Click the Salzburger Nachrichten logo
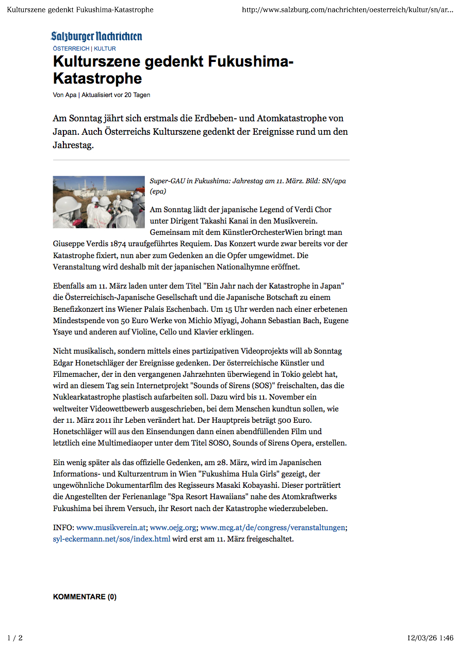[x=96, y=36]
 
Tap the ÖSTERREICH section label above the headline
[x=71, y=49]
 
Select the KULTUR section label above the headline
[x=105, y=49]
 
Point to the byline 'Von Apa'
[x=64, y=95]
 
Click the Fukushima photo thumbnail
[x=99, y=202]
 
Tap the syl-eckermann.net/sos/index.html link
[x=112, y=539]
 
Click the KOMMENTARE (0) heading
[x=85, y=597]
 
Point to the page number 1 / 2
[x=15, y=638]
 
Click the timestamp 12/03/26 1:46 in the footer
[x=430, y=638]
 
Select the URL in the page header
[x=347, y=10]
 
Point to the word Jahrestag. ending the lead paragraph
[x=73, y=145]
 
